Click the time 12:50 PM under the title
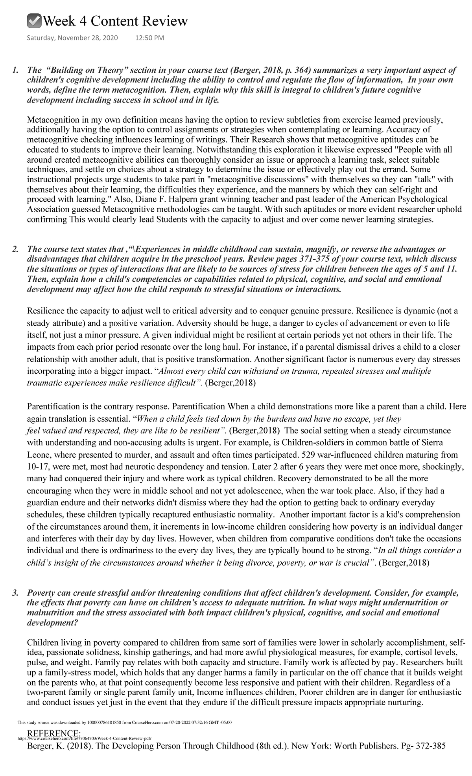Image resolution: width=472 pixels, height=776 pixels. pos(149,39)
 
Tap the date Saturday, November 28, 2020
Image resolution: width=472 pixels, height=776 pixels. pos(69,39)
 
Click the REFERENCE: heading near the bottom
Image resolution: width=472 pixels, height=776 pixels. pos(54,734)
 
